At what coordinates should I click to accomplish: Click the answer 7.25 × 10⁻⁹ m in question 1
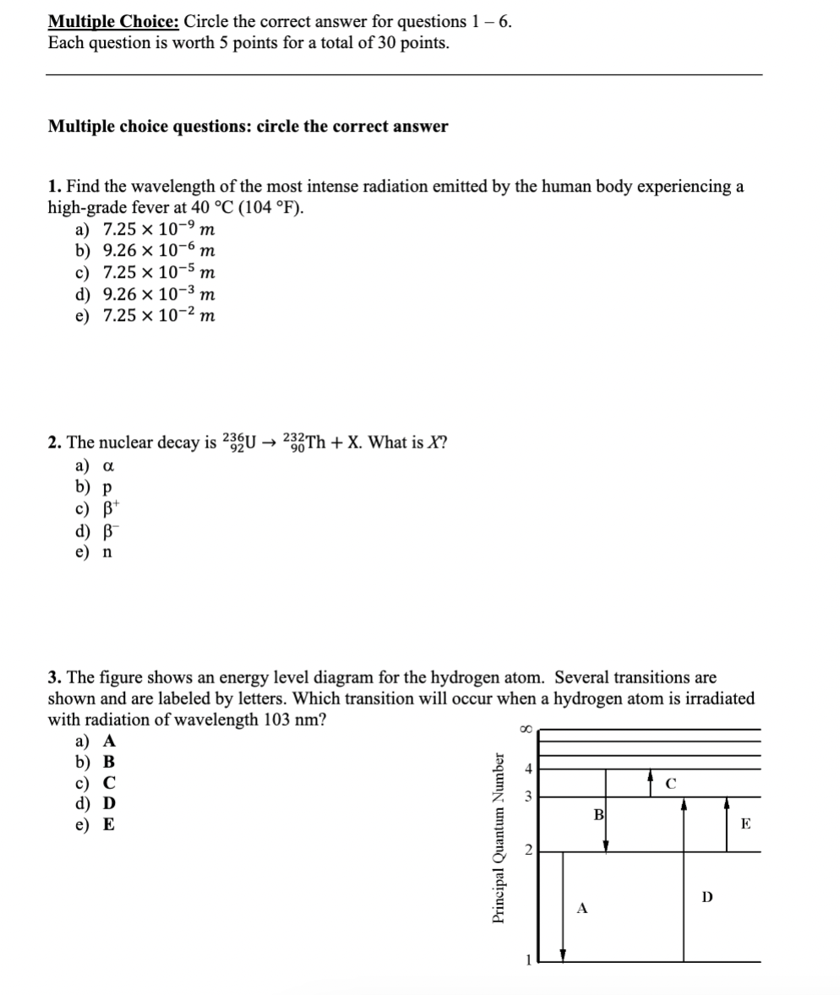tap(157, 229)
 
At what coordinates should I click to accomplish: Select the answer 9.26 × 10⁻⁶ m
tap(157, 251)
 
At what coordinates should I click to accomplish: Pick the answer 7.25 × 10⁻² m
tap(157, 316)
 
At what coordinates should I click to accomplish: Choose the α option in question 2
tap(107, 465)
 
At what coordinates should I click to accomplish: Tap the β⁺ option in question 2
tap(110, 508)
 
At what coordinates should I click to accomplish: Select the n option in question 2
tap(107, 552)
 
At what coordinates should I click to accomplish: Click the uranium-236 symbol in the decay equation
tap(237, 443)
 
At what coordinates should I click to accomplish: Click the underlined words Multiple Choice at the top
tap(112, 22)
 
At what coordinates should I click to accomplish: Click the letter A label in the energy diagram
tap(582, 908)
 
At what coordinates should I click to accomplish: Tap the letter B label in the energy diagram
tap(598, 814)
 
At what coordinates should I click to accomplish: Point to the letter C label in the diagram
tap(666, 783)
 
